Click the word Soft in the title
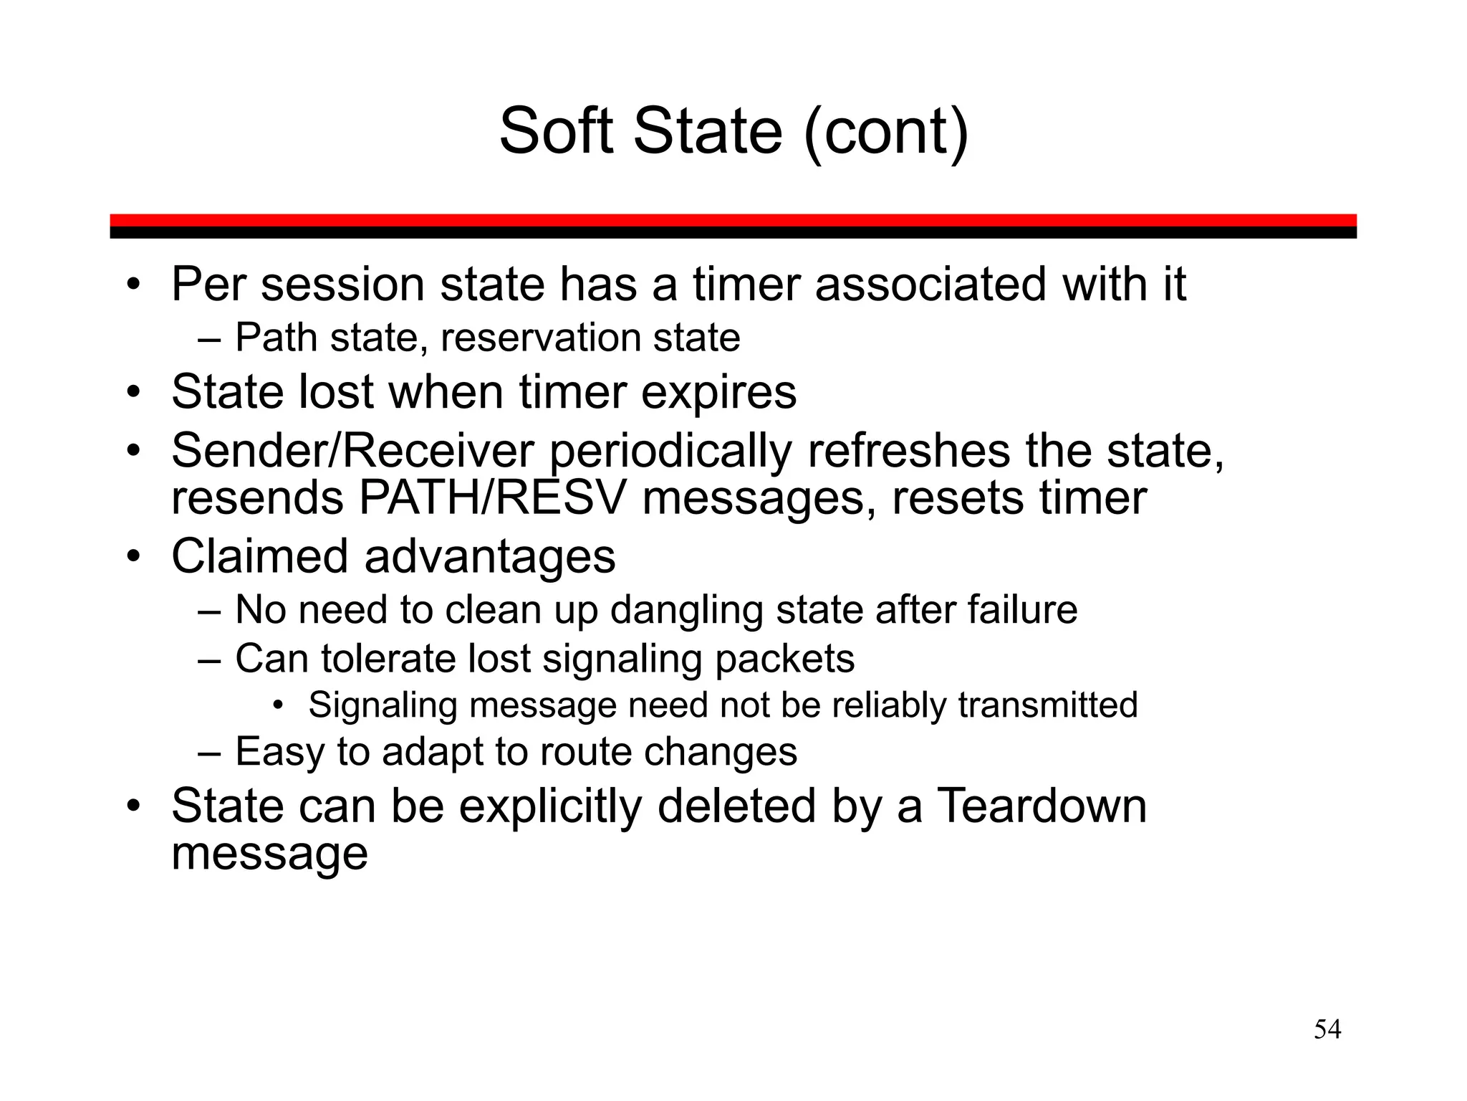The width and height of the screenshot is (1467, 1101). pos(556,131)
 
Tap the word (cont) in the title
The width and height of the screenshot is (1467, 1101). pos(886,131)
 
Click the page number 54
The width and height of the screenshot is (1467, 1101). pos(1327,1029)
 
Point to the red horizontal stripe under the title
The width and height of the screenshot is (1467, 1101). pos(733,220)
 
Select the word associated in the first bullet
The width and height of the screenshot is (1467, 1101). pos(931,284)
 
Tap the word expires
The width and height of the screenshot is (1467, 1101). pos(718,392)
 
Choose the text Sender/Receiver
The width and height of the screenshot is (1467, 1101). pos(352,451)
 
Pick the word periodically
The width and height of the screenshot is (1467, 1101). pos(670,453)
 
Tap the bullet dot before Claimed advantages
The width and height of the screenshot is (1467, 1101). pos(133,556)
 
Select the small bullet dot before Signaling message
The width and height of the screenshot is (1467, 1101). pos(279,705)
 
